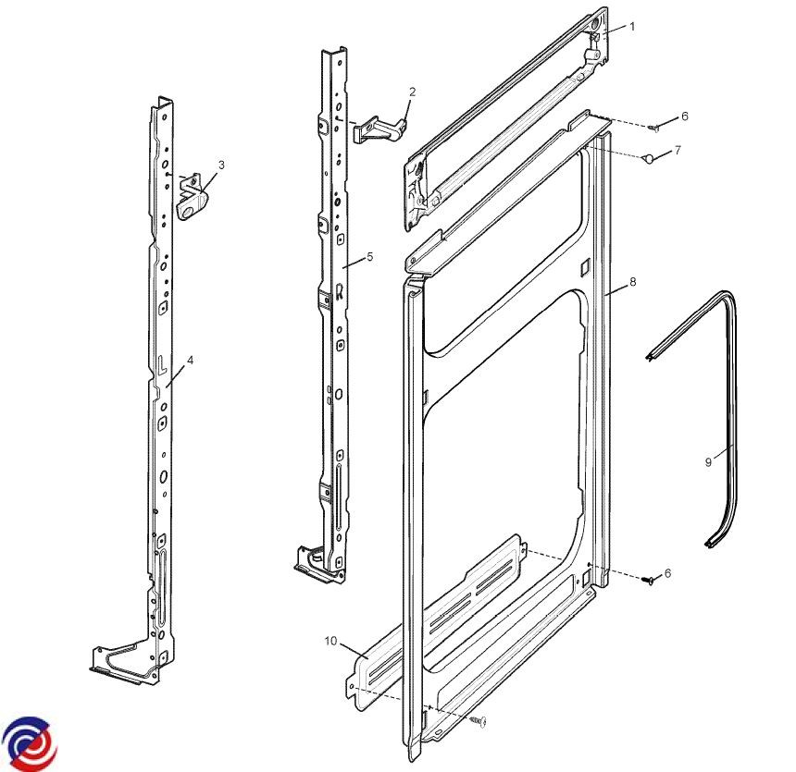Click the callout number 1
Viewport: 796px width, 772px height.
[632, 27]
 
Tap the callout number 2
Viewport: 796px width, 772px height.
[412, 92]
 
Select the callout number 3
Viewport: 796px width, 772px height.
[221, 165]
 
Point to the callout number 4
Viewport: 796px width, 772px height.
[191, 361]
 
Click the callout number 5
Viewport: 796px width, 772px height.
[369, 257]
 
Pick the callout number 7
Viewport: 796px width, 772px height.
[678, 150]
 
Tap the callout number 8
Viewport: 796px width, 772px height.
[632, 281]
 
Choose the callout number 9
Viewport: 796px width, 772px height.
[708, 462]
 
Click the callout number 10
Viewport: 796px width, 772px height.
[331, 641]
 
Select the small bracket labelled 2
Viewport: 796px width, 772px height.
[380, 129]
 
